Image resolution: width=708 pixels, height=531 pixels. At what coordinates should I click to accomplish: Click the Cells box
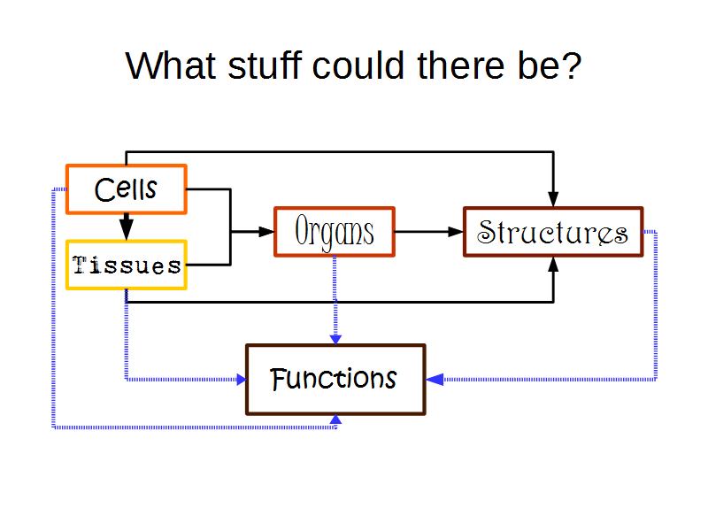click(126, 189)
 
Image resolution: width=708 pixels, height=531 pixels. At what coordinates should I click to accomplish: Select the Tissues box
click(126, 265)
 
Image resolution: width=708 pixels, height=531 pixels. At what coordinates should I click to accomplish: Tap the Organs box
click(334, 232)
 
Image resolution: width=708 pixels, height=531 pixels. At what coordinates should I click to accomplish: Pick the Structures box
click(553, 232)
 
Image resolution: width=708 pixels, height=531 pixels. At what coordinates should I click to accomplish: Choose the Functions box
click(335, 380)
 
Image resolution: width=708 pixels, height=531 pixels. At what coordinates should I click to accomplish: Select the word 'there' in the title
click(453, 66)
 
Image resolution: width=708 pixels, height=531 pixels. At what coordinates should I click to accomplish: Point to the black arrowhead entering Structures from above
click(554, 196)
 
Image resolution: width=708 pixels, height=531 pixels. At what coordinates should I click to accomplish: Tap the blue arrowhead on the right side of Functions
click(434, 380)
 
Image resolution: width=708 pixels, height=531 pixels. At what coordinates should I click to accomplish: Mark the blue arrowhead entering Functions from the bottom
click(335, 420)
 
